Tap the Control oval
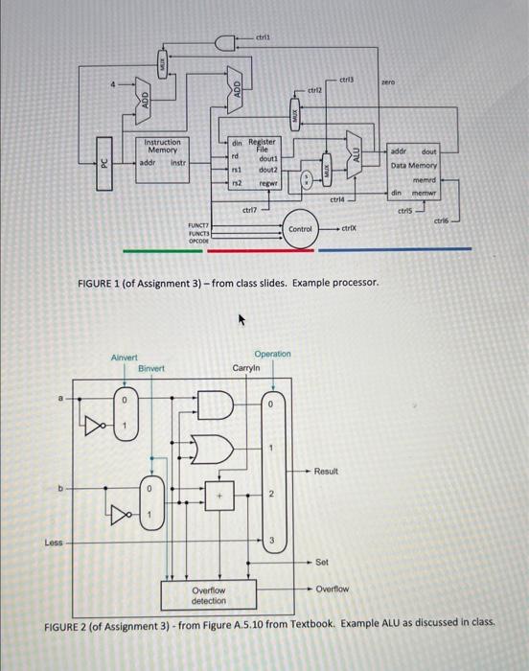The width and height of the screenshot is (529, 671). coord(301,229)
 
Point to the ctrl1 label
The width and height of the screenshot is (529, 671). coord(263,35)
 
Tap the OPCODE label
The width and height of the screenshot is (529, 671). coord(198,242)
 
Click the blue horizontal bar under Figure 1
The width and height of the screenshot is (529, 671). coord(395,249)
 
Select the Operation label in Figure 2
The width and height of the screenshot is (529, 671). coord(272,354)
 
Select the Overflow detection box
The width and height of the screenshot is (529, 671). coord(208,595)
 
